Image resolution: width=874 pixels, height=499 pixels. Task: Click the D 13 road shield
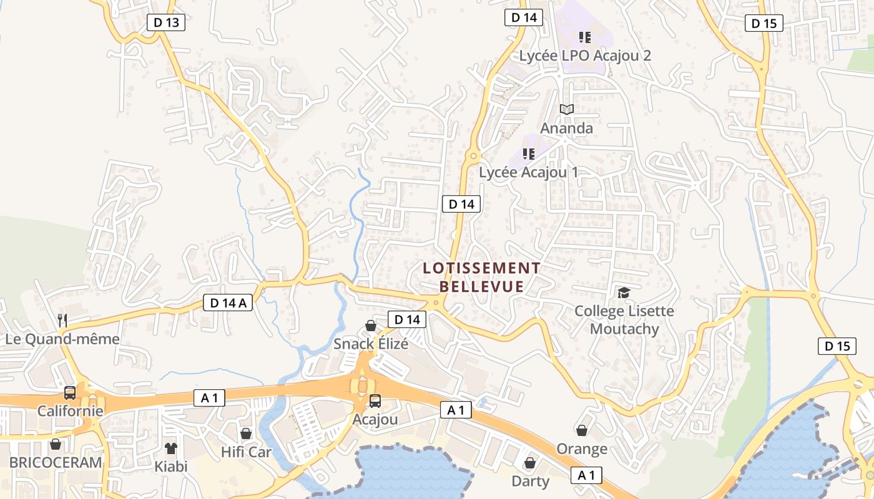(166, 23)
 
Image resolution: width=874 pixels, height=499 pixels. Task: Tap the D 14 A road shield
(227, 303)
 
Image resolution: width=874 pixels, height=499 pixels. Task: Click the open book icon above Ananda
(566, 110)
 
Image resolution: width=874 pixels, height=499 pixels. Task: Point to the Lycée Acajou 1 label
(528, 172)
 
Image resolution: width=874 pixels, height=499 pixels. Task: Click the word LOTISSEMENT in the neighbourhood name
(481, 268)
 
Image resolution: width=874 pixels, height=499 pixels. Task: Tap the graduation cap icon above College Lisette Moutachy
(623, 293)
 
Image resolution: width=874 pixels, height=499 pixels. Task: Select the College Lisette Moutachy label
(624, 319)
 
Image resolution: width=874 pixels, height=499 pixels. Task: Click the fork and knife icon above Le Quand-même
(62, 321)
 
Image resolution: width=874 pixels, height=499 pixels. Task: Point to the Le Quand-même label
(62, 339)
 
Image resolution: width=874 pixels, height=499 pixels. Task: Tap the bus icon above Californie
(70, 393)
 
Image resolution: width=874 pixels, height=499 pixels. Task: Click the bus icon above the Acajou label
(375, 401)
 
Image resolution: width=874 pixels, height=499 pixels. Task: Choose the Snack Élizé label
(371, 344)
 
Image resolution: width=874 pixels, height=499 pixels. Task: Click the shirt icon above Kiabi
(171, 448)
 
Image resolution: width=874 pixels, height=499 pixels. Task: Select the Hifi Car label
(247, 452)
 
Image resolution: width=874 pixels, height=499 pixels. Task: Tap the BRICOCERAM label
(56, 463)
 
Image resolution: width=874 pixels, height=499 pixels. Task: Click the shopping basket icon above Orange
(582, 430)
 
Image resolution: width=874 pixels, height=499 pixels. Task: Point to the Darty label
(531, 482)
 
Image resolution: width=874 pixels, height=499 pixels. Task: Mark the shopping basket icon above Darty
(530, 463)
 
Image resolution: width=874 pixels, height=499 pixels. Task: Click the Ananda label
(566, 128)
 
